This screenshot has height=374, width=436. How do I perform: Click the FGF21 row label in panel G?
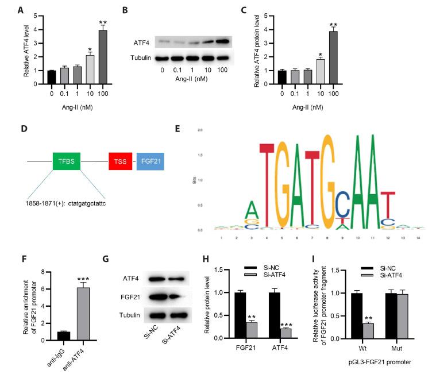tap(132, 297)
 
